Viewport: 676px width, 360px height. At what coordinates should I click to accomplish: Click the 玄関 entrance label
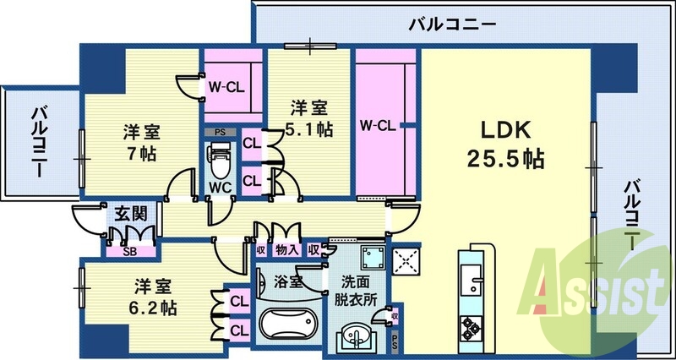[127, 213]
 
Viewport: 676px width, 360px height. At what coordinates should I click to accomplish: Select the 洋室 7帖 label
[140, 143]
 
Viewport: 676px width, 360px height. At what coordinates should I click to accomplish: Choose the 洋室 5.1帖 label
[311, 118]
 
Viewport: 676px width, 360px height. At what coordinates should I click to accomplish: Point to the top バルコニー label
[452, 23]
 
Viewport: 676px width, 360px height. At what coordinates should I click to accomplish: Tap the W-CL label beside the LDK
[377, 127]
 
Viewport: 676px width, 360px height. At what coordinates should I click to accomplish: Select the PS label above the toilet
[220, 132]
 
